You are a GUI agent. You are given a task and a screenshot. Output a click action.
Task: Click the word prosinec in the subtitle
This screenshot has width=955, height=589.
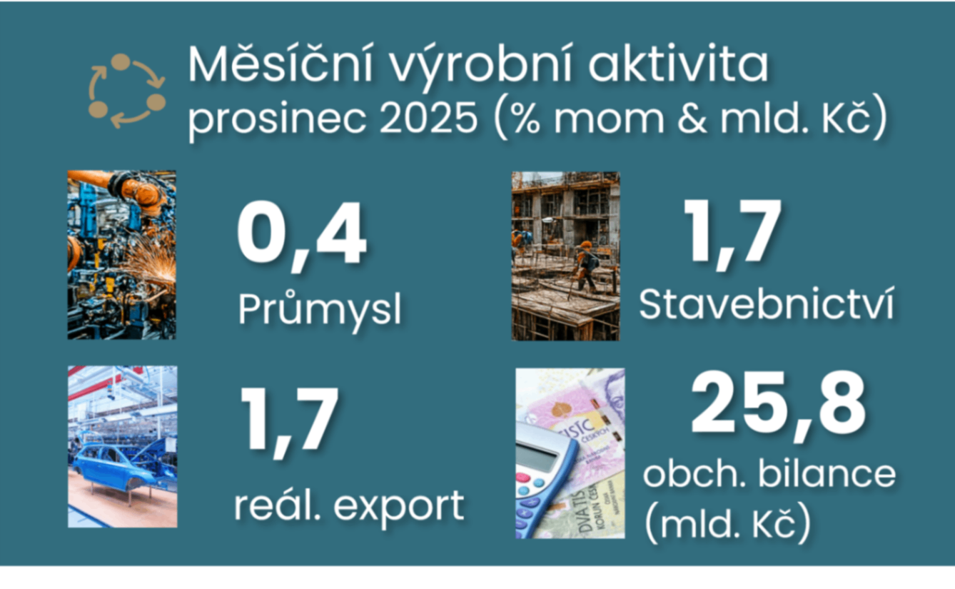278,120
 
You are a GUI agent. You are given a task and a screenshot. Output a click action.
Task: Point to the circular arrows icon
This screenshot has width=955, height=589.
126,91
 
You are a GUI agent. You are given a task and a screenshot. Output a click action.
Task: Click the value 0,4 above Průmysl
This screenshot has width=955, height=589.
302,236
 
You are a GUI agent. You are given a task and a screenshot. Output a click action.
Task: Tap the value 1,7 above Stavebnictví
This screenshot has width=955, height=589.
732,232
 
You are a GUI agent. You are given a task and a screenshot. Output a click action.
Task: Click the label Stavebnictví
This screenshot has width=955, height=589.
765,305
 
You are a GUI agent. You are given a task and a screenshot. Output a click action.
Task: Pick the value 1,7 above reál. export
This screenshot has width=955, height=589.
290,421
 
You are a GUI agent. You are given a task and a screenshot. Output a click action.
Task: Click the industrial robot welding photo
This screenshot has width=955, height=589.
121,255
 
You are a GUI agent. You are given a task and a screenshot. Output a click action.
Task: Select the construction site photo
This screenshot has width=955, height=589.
565,256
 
